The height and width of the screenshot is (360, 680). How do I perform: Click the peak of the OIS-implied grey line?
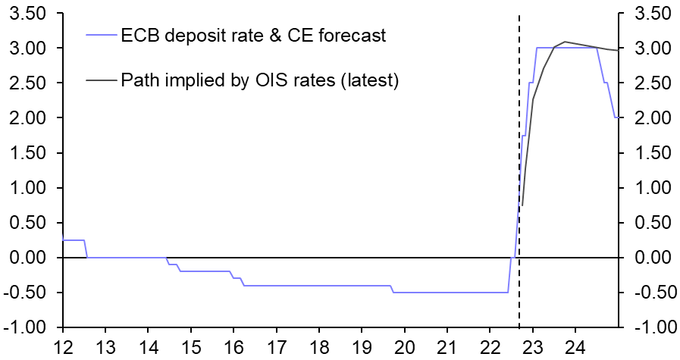[x=565, y=42]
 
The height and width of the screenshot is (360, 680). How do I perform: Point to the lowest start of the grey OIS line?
[x=522, y=205]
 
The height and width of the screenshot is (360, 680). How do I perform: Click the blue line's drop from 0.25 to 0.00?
[x=86, y=249]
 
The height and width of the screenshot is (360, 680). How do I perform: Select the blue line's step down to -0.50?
[x=393, y=289]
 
